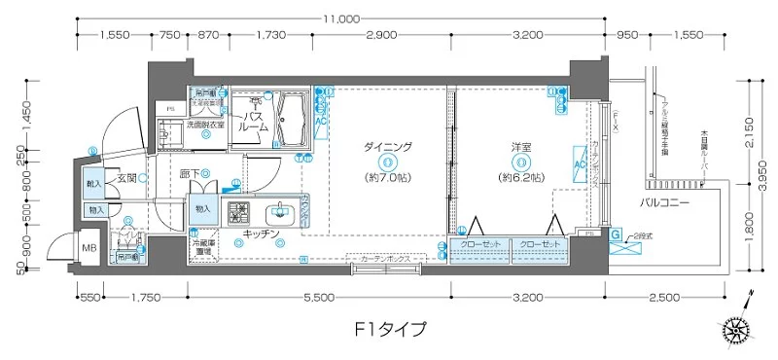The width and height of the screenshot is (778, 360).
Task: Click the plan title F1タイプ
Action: (x=389, y=327)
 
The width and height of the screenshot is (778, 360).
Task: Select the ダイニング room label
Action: (x=388, y=147)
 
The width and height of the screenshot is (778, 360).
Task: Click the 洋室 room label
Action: (x=522, y=147)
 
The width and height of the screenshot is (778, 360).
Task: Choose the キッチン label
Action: (x=257, y=234)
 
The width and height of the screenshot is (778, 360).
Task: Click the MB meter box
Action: (x=88, y=248)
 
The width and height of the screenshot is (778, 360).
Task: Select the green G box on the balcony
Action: (x=616, y=234)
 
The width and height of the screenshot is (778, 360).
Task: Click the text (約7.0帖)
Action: (x=388, y=178)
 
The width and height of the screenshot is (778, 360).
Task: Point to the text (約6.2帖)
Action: (x=522, y=178)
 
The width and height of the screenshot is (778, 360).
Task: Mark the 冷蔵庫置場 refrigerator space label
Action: (x=203, y=248)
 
